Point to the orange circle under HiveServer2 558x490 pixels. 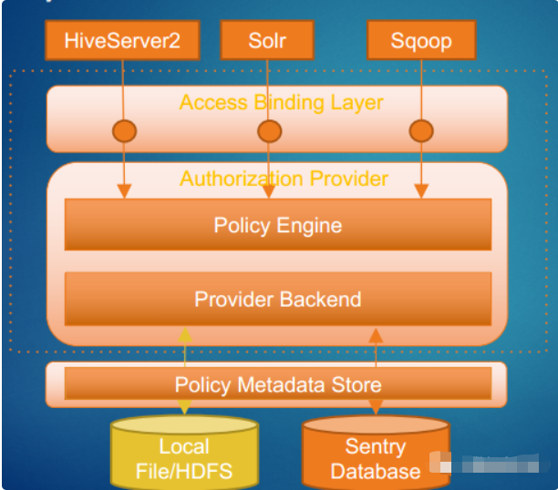(x=124, y=131)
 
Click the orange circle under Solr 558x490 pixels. (x=269, y=131)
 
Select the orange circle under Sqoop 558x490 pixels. (x=420, y=131)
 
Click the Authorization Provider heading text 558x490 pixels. (x=284, y=179)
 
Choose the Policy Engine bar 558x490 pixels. (x=278, y=225)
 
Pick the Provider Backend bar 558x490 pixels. (x=278, y=299)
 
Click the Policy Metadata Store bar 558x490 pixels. (x=278, y=384)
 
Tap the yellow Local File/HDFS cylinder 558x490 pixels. (x=184, y=452)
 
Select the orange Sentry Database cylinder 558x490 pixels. (x=375, y=453)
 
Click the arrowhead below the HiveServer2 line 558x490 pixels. (x=124, y=191)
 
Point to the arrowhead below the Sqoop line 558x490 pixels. (x=420, y=191)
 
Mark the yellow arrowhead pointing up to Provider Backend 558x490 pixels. (x=185, y=334)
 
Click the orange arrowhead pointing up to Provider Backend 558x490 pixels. (x=375, y=334)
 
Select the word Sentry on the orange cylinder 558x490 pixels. (x=375, y=446)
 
